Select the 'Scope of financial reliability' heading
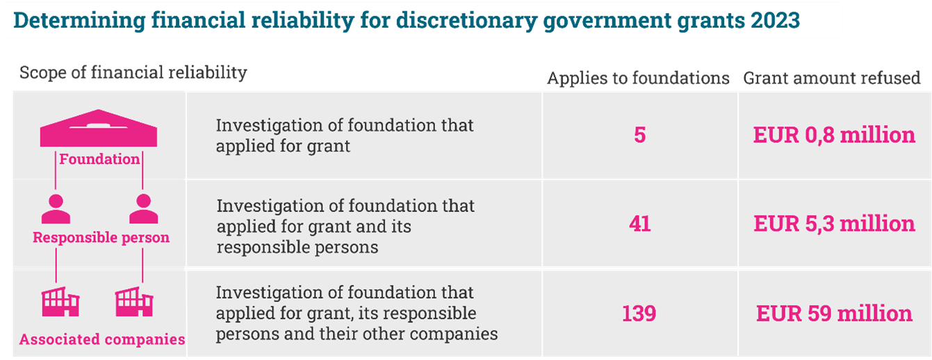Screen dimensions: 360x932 tap(133, 72)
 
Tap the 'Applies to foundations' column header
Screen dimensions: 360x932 tap(639, 78)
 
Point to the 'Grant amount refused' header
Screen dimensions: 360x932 tap(832, 78)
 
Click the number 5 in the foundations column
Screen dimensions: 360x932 tap(639, 135)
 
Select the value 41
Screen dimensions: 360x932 tap(639, 224)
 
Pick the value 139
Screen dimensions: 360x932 tap(639, 313)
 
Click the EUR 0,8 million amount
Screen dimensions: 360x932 tap(834, 135)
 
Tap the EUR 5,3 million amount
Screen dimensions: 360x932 tap(834, 224)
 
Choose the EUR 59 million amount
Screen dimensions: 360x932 tap(834, 313)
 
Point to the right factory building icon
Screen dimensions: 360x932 tap(134, 302)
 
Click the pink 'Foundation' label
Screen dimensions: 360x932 tap(99, 159)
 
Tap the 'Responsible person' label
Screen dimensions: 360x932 tap(101, 238)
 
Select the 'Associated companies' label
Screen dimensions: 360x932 tap(102, 340)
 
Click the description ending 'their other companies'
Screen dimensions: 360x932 tap(357, 313)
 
